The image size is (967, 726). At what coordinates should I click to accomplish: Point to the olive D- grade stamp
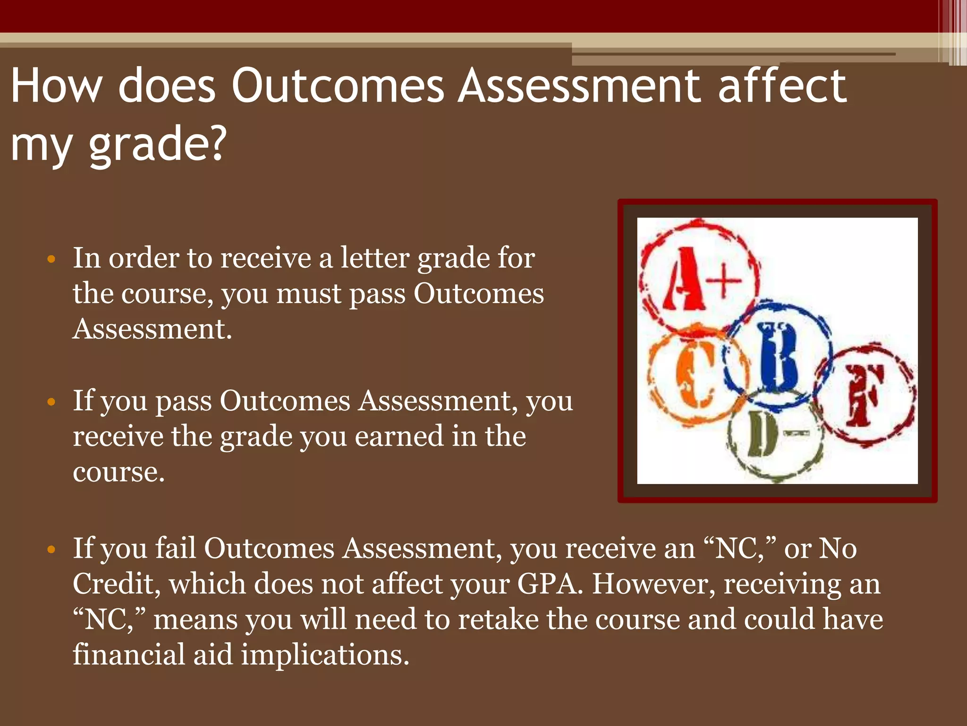(774, 435)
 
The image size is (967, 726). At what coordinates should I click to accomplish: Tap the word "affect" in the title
(782, 86)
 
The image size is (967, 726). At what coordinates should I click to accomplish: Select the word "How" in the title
(56, 86)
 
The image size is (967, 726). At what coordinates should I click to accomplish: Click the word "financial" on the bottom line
(129, 655)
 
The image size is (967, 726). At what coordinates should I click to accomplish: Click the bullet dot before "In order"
(51, 259)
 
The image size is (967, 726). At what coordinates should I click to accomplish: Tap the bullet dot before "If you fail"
(51, 550)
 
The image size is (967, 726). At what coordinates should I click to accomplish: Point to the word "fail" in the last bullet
(176, 549)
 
